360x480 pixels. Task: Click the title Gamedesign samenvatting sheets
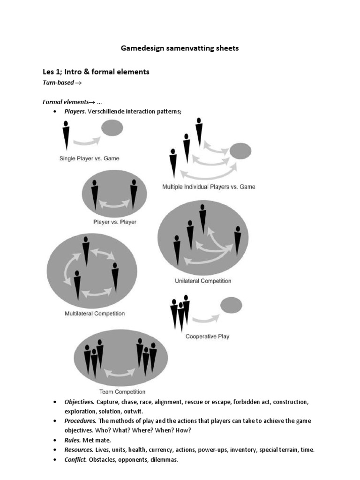click(x=180, y=48)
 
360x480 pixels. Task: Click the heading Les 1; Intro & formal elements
click(x=96, y=72)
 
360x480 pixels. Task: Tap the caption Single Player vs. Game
click(x=89, y=158)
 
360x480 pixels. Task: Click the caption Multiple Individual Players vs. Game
click(x=209, y=187)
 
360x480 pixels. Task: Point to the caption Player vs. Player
click(x=114, y=222)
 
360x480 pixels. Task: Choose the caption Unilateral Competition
click(x=203, y=281)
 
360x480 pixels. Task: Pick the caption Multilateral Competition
click(x=94, y=314)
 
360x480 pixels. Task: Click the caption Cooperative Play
click(x=207, y=336)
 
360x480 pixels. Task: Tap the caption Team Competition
click(x=122, y=392)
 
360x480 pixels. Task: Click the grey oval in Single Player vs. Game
click(x=112, y=127)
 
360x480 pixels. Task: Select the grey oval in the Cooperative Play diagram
click(x=231, y=305)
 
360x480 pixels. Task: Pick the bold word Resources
click(x=79, y=450)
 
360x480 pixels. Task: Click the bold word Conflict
click(x=75, y=460)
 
